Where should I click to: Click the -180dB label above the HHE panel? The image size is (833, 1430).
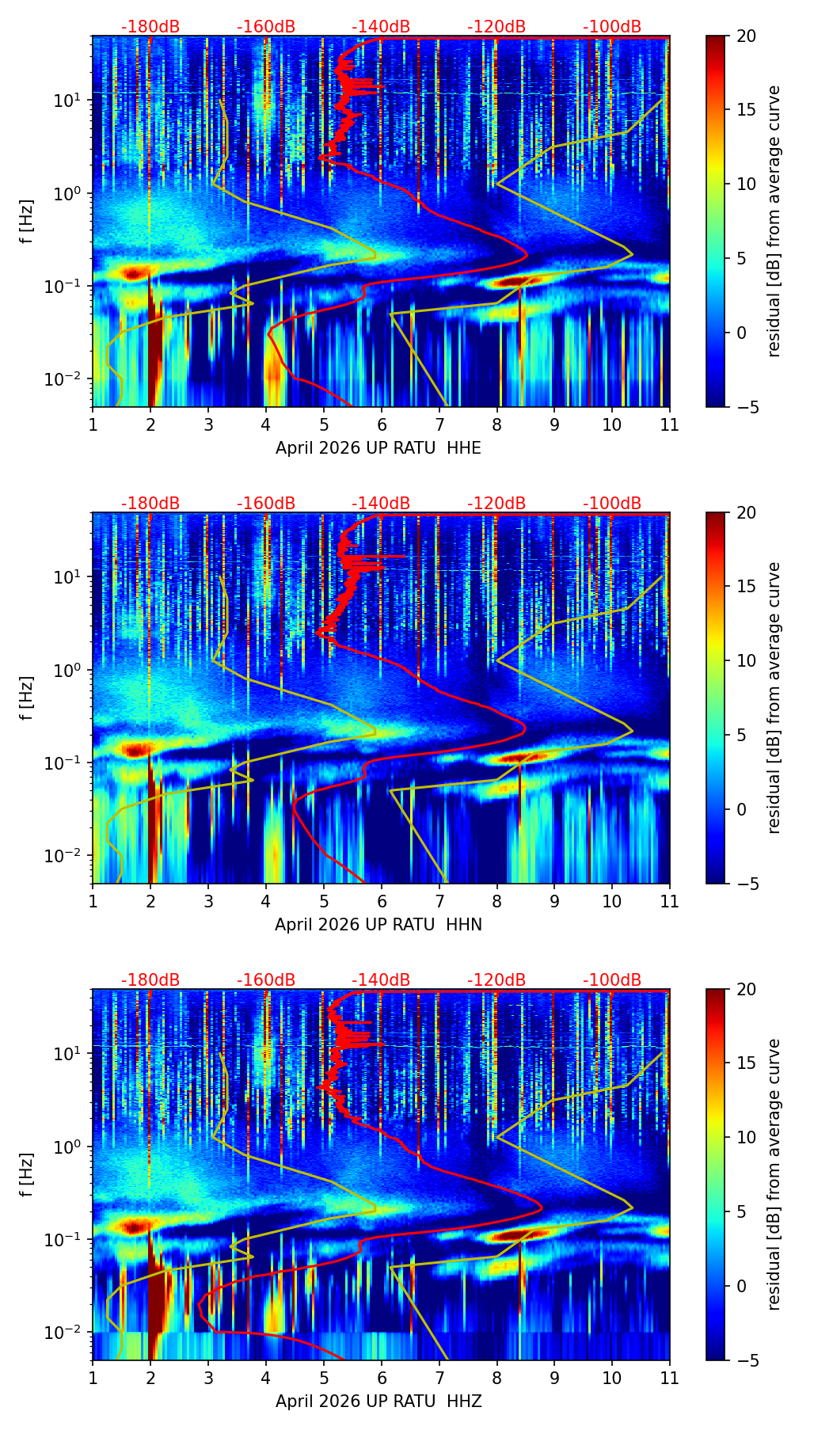[x=150, y=27]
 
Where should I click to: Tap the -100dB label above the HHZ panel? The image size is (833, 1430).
[x=612, y=980]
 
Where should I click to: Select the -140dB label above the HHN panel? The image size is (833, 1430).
[x=381, y=504]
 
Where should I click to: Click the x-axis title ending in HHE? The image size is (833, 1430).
[x=378, y=448]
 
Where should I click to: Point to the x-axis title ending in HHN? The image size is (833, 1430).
[x=378, y=925]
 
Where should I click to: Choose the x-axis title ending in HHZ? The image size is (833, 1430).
[x=378, y=1401]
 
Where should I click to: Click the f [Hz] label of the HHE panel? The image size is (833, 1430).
[x=28, y=222]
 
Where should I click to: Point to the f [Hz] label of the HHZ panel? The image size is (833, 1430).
[x=28, y=1175]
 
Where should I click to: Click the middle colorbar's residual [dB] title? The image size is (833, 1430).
[x=774, y=698]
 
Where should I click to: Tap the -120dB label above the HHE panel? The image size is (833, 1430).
[x=496, y=27]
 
